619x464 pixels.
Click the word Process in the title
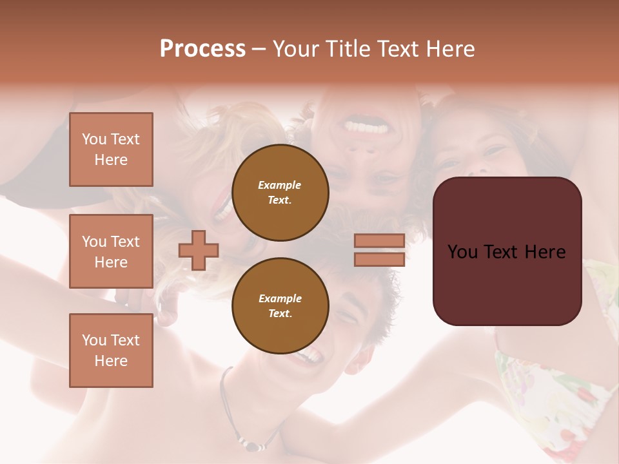pos(202,49)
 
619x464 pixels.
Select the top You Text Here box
pos(111,150)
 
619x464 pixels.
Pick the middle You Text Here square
pos(111,251)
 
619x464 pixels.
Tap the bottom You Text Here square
pos(111,351)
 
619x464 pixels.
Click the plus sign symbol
pos(199,250)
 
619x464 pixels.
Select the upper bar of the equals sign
pos(379,241)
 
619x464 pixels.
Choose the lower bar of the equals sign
pos(379,259)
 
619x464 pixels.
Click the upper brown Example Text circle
pos(280,192)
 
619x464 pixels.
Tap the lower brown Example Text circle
pos(280,305)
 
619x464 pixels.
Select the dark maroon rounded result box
pos(507,251)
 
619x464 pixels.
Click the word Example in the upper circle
pos(280,185)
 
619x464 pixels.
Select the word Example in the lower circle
pos(280,298)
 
